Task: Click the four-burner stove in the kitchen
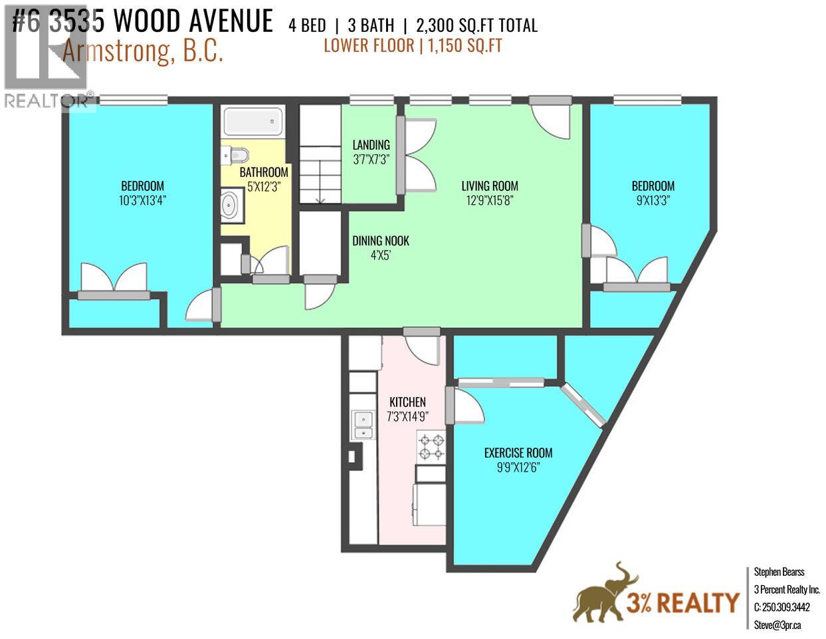point(431,447)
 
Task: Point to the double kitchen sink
point(363,426)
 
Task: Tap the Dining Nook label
point(381,241)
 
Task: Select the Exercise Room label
point(518,453)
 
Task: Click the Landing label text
point(371,145)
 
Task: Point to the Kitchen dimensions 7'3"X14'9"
point(407,416)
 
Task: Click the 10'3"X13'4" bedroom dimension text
point(142,200)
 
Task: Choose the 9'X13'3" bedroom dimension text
point(653,200)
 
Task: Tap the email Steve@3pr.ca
point(777,624)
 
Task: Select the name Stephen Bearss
point(779,572)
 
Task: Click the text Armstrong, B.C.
point(142,52)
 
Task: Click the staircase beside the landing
point(319,154)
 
